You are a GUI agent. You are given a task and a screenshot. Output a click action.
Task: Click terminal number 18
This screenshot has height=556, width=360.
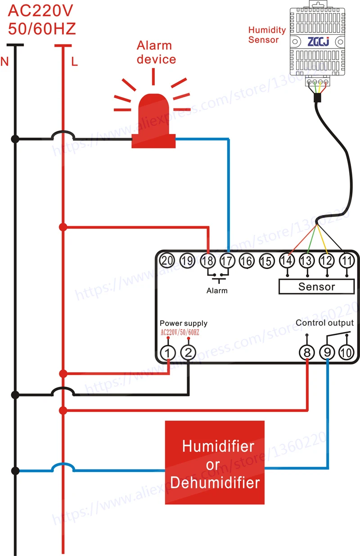[208, 261]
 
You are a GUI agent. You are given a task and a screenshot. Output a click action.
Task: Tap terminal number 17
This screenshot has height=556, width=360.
[227, 261]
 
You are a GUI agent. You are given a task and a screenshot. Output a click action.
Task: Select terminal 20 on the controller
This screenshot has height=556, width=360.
[167, 260]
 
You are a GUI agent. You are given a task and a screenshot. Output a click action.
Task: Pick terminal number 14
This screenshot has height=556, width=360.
[287, 260]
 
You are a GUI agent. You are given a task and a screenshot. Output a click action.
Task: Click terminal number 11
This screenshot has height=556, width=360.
[347, 260]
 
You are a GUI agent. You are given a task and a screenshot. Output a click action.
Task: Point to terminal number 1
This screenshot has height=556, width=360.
[168, 353]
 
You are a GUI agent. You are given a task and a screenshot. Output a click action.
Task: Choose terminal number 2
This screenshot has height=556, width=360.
[188, 353]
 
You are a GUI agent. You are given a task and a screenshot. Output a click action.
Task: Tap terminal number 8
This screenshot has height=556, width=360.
[307, 353]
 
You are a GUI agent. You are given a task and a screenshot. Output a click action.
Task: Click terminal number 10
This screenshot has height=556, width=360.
[346, 353]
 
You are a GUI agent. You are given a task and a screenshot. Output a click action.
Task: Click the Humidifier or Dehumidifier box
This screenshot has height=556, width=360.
[215, 462]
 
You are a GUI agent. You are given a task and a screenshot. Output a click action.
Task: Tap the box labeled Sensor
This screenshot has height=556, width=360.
[316, 287]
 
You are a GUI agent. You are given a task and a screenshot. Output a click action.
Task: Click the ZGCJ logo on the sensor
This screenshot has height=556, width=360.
[319, 42]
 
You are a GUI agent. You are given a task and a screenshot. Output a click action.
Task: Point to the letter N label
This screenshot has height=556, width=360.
[4, 61]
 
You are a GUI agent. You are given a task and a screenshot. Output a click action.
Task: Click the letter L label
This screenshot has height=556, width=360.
[75, 61]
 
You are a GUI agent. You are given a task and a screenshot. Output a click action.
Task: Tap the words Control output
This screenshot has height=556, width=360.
[324, 323]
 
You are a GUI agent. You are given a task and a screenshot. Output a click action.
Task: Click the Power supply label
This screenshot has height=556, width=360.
[184, 323]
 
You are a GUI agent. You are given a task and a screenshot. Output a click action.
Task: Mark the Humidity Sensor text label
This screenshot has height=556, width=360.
[267, 35]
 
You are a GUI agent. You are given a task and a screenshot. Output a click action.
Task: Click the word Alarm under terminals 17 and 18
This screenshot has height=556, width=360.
[217, 291]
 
